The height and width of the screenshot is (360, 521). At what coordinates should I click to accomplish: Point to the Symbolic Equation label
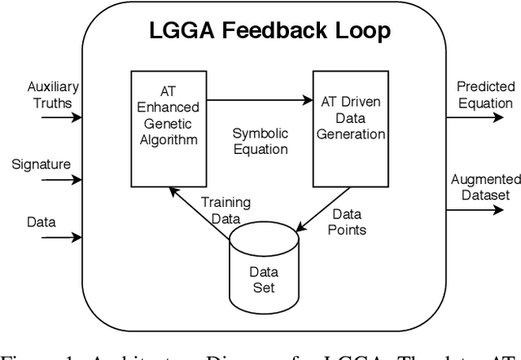pyautogui.click(x=260, y=140)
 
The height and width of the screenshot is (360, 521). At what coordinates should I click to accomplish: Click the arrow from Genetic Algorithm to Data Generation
pyautogui.click(x=260, y=101)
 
